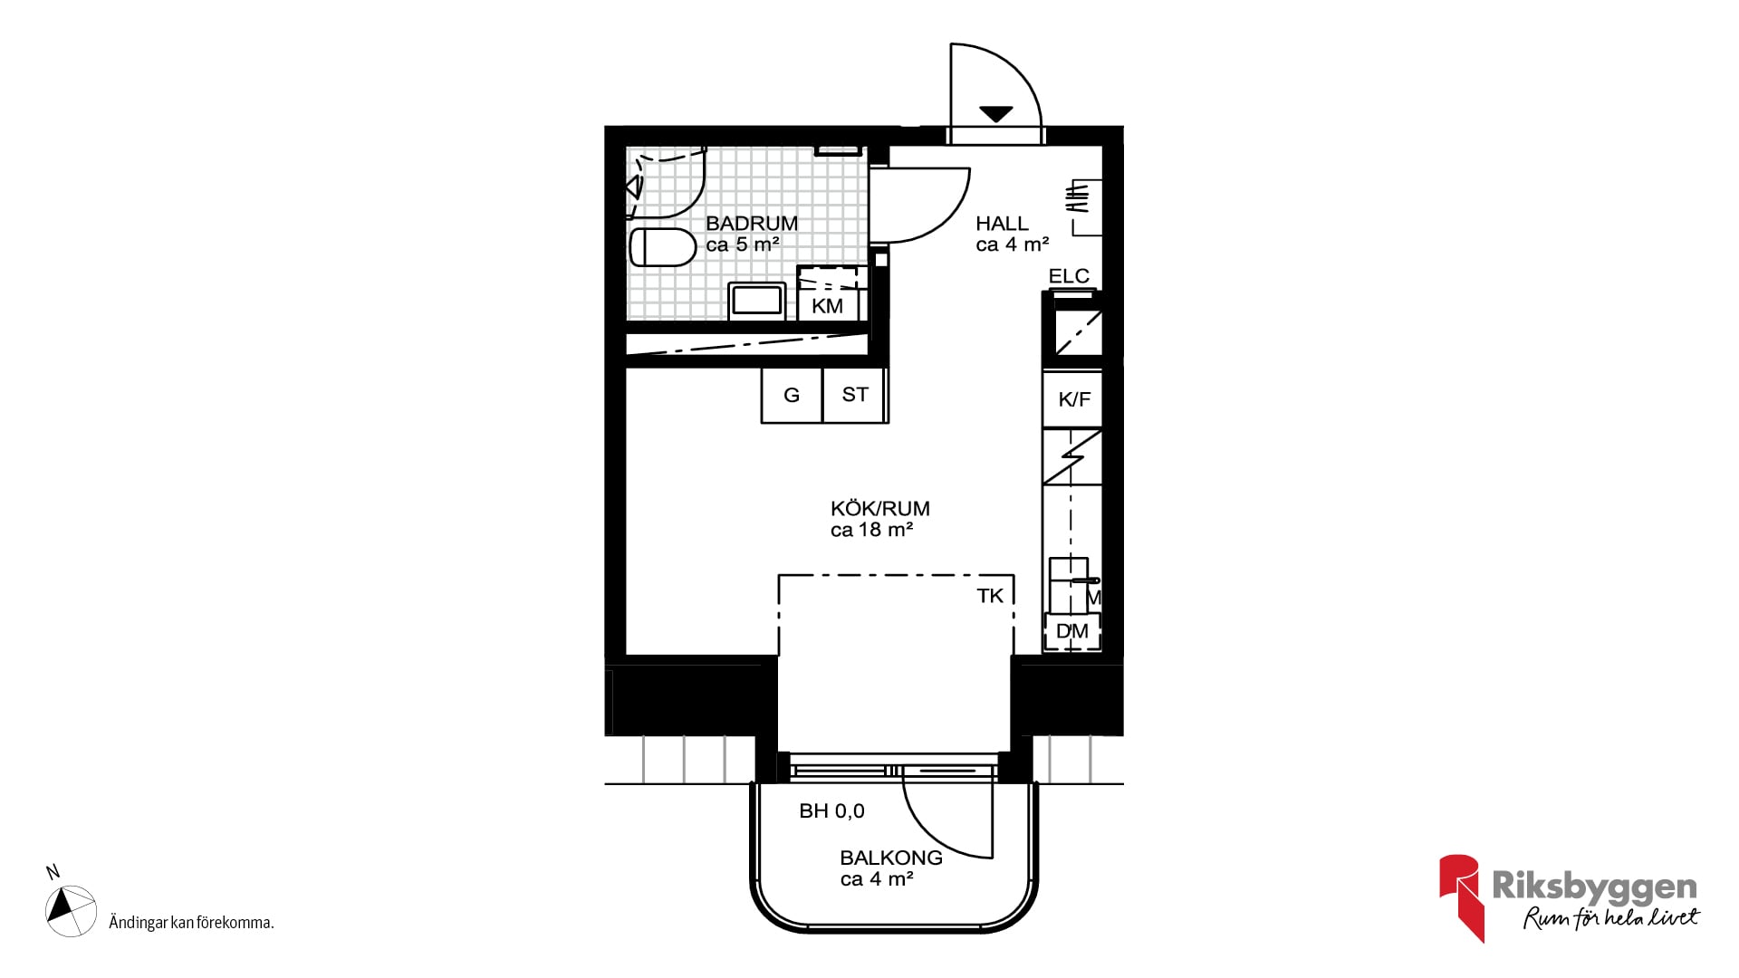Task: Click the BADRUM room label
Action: point(752,223)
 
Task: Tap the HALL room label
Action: point(1002,223)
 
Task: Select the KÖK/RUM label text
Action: point(880,508)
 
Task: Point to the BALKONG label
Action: point(891,858)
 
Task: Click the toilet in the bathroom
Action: point(663,247)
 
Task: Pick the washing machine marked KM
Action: point(827,293)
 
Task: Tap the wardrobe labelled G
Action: point(792,395)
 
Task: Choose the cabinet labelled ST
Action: point(854,395)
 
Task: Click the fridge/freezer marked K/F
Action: point(1072,399)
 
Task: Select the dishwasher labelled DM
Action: point(1072,631)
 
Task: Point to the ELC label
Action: point(1069,276)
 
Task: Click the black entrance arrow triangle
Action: point(995,114)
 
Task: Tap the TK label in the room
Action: point(990,596)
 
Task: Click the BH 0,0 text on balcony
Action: point(831,811)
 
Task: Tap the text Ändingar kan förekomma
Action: point(191,923)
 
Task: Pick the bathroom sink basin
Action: point(757,301)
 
